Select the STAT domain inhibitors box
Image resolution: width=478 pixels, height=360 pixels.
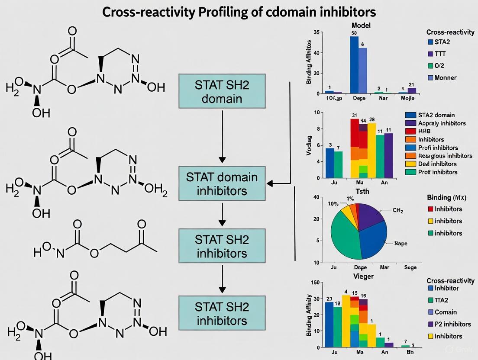click(x=222, y=183)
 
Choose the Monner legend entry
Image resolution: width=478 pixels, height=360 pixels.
click(x=446, y=78)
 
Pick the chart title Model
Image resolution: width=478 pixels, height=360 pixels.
click(x=361, y=26)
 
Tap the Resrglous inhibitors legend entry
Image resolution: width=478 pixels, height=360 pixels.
click(x=445, y=156)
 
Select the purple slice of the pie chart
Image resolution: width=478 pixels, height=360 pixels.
click(x=368, y=214)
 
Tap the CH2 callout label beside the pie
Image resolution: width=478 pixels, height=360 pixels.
click(x=397, y=211)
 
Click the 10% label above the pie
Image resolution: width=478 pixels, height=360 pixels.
click(x=334, y=204)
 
